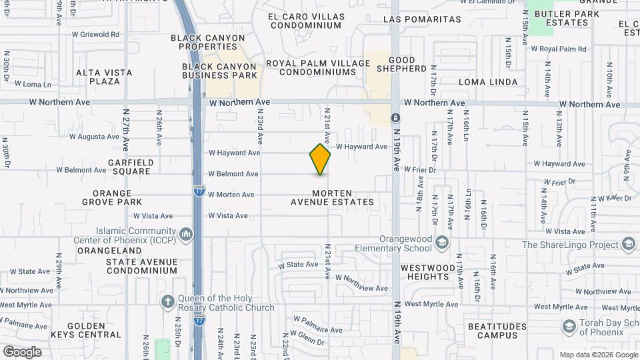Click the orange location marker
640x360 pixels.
tap(321, 159)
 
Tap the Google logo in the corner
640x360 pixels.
tap(22, 351)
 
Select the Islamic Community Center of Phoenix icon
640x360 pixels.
tap(186, 234)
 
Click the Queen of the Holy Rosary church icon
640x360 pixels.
tap(167, 301)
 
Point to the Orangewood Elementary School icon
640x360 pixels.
tap(441, 241)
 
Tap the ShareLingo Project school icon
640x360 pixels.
tap(628, 244)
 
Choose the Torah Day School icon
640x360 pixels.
tap(569, 326)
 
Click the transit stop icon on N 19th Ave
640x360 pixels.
tap(395, 118)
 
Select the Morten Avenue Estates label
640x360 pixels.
tap(332, 197)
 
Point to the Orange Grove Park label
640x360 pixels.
tap(113, 197)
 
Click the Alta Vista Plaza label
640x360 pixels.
tap(104, 77)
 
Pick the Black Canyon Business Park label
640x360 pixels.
tap(220, 71)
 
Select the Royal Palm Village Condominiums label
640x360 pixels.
tap(318, 67)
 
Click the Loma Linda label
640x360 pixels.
tap(488, 82)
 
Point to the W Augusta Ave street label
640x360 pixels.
tap(94, 137)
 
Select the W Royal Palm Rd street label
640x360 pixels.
tap(558, 49)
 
